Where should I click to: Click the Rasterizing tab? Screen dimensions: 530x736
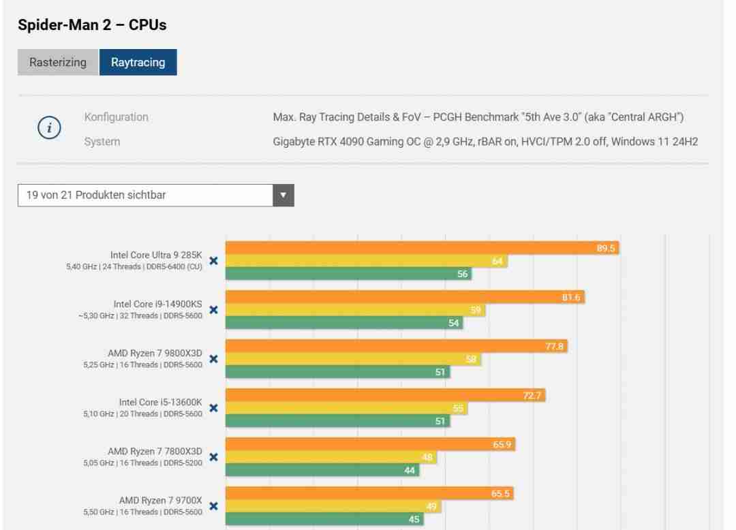58,62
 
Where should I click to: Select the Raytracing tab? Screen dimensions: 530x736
138,62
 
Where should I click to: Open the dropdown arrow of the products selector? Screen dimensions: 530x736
283,195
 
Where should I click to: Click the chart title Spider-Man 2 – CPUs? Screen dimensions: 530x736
92,25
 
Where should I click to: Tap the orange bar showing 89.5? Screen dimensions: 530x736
422,248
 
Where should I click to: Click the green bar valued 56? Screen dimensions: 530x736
348,274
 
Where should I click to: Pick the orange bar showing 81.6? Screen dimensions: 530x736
405,297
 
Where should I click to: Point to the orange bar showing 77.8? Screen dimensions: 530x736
396,346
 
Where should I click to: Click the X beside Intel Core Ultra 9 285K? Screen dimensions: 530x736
213,260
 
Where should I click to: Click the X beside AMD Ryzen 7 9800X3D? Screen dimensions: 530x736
213,358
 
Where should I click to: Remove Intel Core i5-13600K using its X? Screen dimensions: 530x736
213,407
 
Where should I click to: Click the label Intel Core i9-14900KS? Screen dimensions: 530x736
157,304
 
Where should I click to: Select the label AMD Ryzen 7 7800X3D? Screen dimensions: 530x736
155,451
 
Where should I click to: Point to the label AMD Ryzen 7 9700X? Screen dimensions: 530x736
160,500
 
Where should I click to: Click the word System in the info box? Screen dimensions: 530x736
102,142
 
